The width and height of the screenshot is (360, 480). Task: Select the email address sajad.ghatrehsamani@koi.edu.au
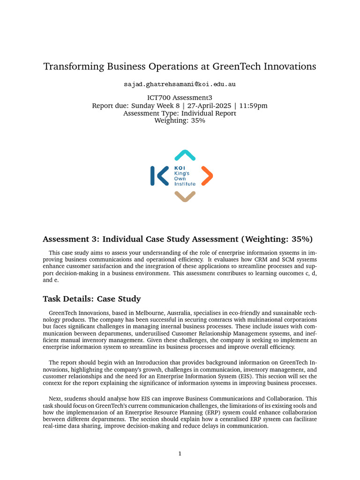180,84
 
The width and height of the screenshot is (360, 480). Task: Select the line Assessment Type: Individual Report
180,113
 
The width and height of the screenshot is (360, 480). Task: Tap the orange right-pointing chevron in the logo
207,176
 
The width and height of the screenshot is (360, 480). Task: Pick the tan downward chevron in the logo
185,197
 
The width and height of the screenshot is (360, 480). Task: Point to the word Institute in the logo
185,184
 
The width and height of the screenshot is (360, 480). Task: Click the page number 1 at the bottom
180,453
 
